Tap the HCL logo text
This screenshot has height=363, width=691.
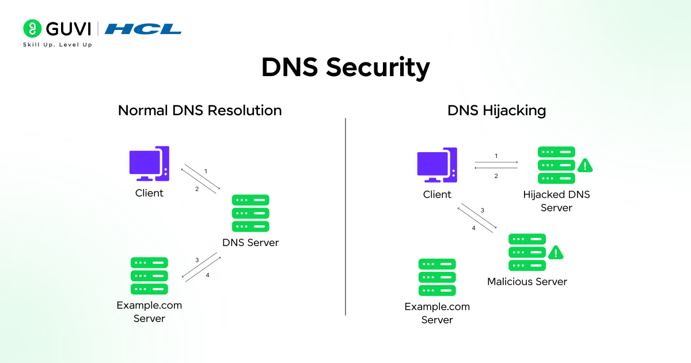pyautogui.click(x=143, y=29)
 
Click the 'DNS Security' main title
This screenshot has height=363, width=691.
pyautogui.click(x=345, y=67)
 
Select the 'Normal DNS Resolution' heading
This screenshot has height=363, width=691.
pyautogui.click(x=200, y=110)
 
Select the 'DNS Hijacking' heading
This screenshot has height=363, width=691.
pyautogui.click(x=496, y=110)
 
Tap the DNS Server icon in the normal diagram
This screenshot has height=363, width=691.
pyautogui.click(x=250, y=213)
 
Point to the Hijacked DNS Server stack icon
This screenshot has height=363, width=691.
pyautogui.click(x=556, y=165)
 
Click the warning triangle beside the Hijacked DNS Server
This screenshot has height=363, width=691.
pyautogui.click(x=585, y=165)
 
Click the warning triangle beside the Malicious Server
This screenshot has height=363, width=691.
pyautogui.click(x=555, y=252)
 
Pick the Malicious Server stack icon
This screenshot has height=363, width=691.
pyautogui.click(x=527, y=252)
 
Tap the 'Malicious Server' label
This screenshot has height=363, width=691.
pyautogui.click(x=527, y=282)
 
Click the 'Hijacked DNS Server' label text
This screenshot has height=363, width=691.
pyautogui.click(x=556, y=201)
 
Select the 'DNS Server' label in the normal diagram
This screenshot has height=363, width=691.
pyautogui.click(x=250, y=243)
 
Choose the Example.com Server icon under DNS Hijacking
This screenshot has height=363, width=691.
pyautogui.click(x=437, y=277)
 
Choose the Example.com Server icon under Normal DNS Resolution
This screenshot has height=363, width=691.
pyautogui.click(x=149, y=276)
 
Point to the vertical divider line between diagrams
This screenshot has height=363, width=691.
pyautogui.click(x=345, y=216)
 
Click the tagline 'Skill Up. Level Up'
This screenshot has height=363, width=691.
pyautogui.click(x=57, y=44)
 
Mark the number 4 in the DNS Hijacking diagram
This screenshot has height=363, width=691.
pyautogui.click(x=474, y=228)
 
